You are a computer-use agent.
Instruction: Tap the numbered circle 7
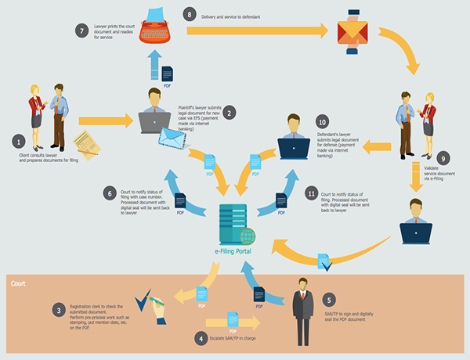tap(82, 31)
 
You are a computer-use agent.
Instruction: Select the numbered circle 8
tap(188, 14)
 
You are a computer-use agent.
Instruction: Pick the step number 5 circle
tap(330, 300)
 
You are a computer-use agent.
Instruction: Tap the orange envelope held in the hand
tap(352, 31)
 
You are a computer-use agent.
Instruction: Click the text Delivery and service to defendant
tap(232, 16)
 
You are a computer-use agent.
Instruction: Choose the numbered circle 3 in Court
tap(58, 310)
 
